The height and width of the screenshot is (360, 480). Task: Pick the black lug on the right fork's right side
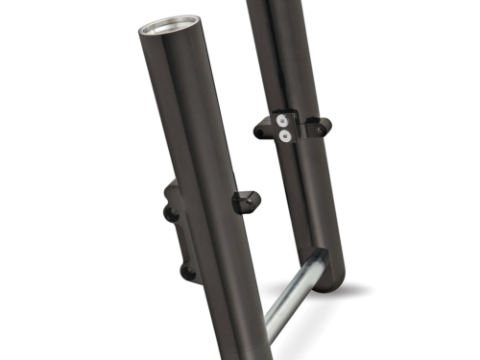tap(317, 122)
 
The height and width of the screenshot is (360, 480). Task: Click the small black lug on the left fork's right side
tap(242, 203)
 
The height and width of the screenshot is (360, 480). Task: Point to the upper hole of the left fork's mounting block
tap(172, 213)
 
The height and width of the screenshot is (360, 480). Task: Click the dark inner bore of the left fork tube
tap(169, 26)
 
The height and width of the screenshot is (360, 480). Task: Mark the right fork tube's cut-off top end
tap(278, 4)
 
